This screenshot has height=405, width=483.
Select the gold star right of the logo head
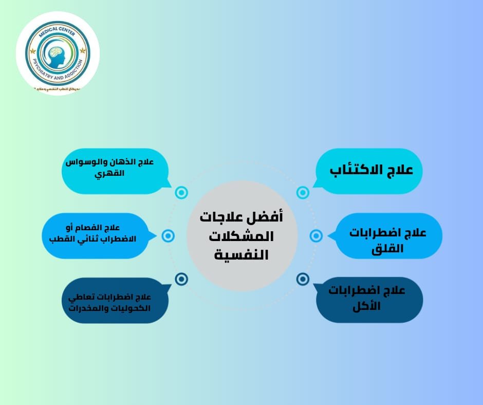(x=82, y=51)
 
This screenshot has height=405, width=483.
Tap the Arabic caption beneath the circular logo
(x=57, y=89)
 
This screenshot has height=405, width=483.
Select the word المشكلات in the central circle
(x=242, y=235)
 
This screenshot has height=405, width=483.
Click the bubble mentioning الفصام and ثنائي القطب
(x=92, y=234)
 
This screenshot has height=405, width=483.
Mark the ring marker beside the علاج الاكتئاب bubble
(x=303, y=193)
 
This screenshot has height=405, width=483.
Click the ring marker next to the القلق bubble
(x=316, y=236)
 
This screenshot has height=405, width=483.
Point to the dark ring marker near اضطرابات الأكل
(x=303, y=279)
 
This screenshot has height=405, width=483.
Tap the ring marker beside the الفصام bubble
(x=168, y=236)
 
